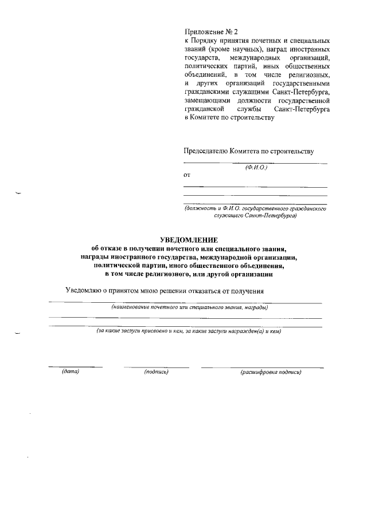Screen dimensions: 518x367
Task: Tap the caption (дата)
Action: click(x=70, y=372)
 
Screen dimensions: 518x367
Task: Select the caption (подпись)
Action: click(x=156, y=372)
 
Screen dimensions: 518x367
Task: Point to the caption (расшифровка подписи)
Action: click(x=271, y=372)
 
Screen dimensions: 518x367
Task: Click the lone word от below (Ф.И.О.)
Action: click(x=187, y=174)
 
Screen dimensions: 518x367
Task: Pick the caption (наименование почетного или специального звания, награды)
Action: click(x=190, y=307)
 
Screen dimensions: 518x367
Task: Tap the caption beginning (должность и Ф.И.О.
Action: click(x=255, y=212)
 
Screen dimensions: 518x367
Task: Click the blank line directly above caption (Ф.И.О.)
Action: click(x=255, y=163)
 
